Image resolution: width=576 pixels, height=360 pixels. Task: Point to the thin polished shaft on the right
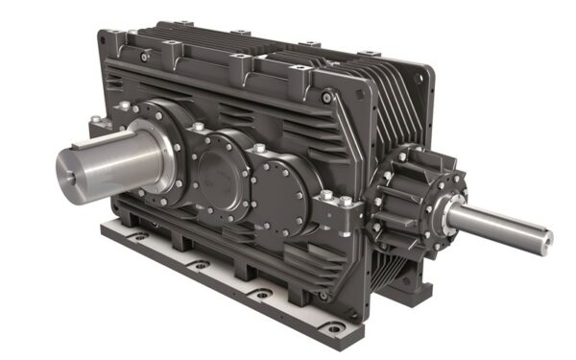[499, 223]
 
